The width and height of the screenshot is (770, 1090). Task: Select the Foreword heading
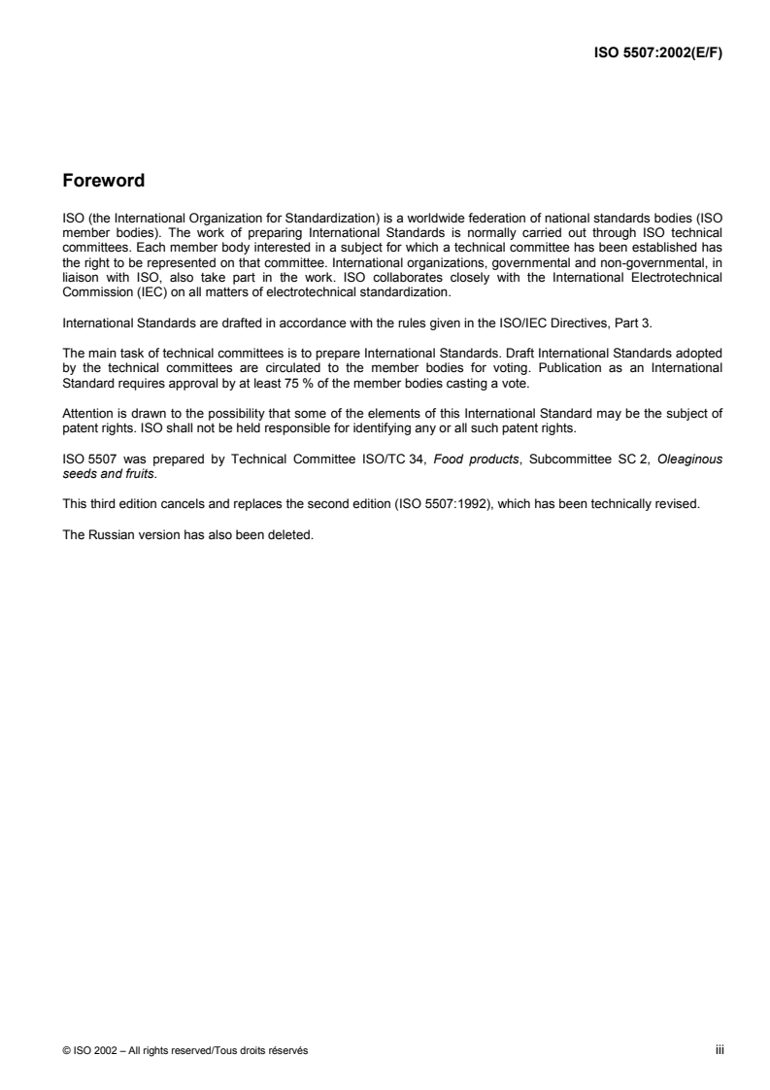tap(103, 180)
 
